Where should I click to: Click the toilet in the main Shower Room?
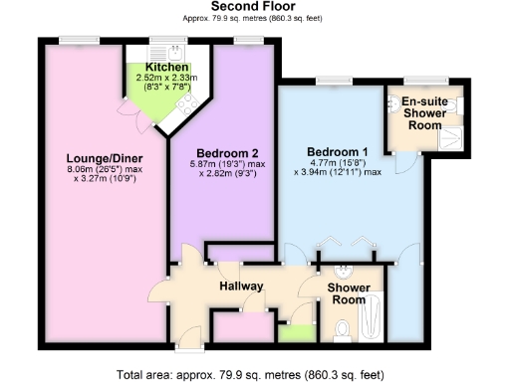tap(342, 327)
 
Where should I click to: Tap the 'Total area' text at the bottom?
tap(255, 375)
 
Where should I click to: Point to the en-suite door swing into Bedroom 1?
tap(400, 159)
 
